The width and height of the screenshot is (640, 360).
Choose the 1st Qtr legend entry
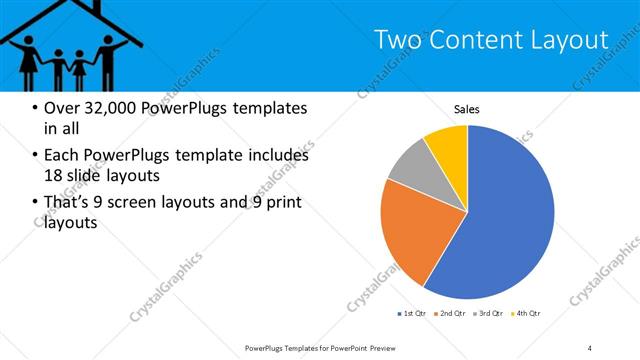[412, 314]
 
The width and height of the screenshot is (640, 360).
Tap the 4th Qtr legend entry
[527, 314]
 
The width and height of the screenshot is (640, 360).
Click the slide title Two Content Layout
[490, 39]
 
